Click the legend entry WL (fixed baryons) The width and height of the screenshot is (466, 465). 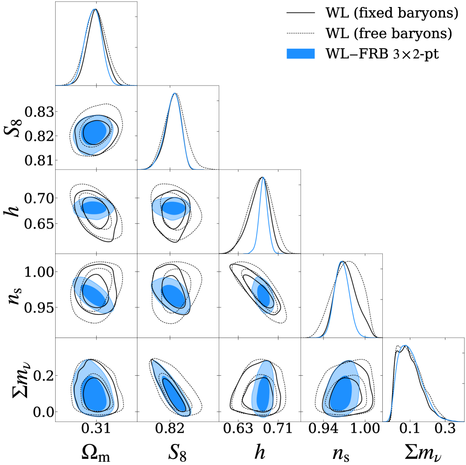pyautogui.click(x=391, y=14)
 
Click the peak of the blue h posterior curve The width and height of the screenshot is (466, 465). pyautogui.click(x=263, y=177)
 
